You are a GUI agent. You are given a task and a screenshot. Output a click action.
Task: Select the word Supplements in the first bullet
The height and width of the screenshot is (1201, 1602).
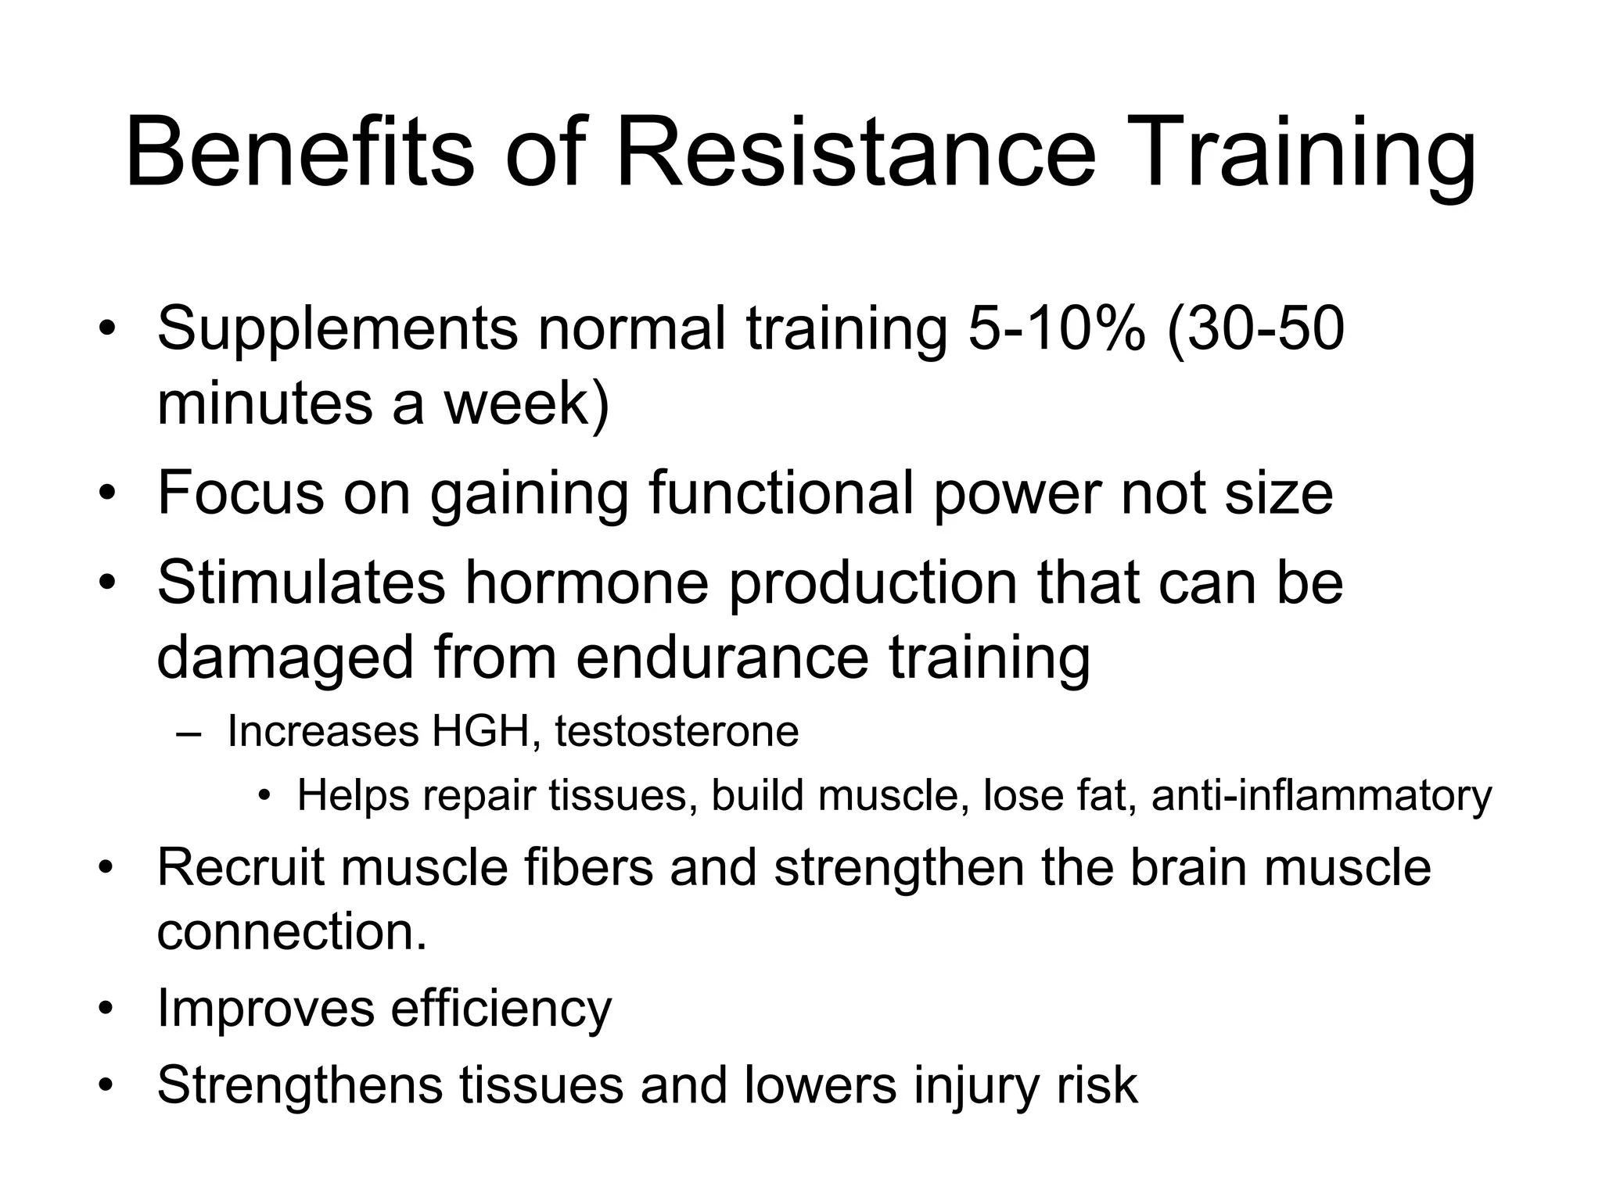click(x=337, y=329)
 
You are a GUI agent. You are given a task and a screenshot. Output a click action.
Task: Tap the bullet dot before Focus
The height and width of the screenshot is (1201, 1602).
click(x=107, y=494)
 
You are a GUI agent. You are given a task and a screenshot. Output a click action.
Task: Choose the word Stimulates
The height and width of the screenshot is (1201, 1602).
click(x=301, y=583)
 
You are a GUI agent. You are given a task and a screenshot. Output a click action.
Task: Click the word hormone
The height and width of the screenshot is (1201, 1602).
click(x=587, y=583)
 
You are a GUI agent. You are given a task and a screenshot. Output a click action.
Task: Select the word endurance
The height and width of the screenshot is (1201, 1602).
click(x=722, y=657)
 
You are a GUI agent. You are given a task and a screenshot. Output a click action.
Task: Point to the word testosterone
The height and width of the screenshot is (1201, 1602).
click(x=677, y=732)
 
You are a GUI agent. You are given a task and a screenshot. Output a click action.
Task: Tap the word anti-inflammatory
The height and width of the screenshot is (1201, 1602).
click(x=1321, y=796)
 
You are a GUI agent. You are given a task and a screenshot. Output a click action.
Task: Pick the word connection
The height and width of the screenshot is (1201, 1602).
click(x=292, y=931)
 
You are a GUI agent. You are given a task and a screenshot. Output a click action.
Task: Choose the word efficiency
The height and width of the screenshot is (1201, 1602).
click(x=501, y=1009)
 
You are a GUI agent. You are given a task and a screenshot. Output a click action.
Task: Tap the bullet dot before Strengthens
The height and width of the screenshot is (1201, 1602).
click(x=107, y=1086)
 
